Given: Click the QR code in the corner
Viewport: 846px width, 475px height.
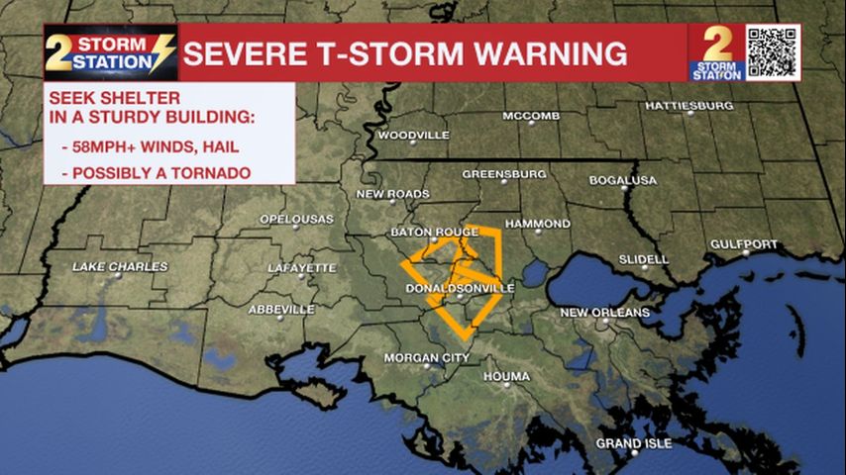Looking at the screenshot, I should (773, 51).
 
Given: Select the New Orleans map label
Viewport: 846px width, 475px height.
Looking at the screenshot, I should (604, 313).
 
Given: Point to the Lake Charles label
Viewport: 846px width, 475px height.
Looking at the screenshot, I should (120, 267).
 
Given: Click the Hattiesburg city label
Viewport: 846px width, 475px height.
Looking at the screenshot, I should (689, 105).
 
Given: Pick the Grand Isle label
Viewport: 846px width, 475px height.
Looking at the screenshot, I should (633, 442).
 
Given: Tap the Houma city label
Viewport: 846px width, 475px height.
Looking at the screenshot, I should (506, 377).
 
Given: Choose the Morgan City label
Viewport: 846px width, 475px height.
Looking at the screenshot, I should (426, 356).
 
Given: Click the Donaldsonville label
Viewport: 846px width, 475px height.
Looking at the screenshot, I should (461, 288).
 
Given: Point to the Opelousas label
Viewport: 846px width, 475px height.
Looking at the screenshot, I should (296, 219).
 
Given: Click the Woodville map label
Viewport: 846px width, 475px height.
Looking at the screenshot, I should (414, 135).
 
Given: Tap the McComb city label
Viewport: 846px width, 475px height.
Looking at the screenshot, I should (531, 116).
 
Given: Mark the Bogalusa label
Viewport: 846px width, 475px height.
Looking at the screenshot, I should (623, 180).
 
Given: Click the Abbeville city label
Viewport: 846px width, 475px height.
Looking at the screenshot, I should (281, 310).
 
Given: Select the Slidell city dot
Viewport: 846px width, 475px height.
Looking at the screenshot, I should (645, 267).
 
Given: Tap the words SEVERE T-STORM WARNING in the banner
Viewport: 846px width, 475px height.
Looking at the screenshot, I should (404, 53).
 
